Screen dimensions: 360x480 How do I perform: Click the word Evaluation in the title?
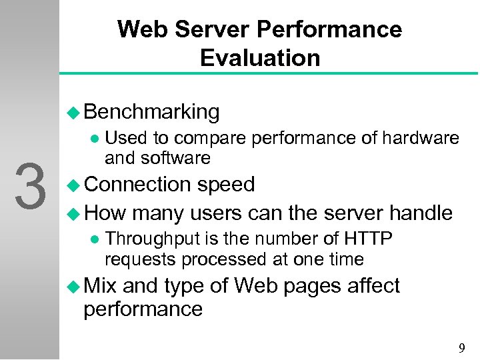[x=260, y=58]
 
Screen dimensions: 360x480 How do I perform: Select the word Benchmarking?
[x=152, y=112]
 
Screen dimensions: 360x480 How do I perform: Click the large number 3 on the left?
[x=30, y=187]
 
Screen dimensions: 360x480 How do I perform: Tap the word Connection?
[x=138, y=184]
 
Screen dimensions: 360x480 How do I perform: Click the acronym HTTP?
[x=368, y=239]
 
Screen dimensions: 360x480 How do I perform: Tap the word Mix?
[x=100, y=286]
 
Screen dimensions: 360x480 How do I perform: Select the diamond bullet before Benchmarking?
[x=75, y=113]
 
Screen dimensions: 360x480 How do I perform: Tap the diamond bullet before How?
[x=75, y=214]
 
